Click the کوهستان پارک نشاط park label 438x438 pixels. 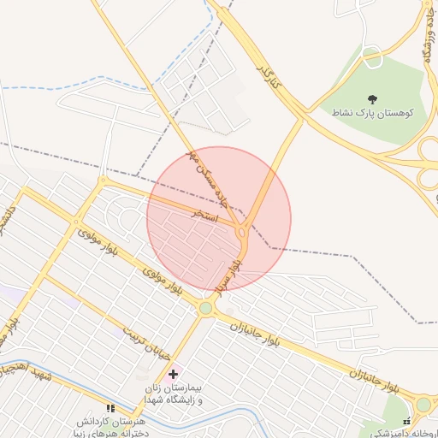373,113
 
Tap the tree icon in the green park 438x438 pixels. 372,99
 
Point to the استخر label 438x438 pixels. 206,215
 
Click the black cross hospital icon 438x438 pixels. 174,374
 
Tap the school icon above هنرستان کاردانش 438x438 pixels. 109,409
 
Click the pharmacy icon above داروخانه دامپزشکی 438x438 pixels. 407,421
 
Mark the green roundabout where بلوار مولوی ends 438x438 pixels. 205,308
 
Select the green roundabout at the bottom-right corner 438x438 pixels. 423,404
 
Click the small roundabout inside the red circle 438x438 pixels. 243,232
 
